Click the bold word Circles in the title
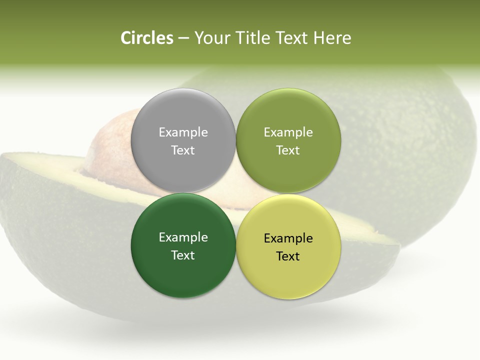coord(146,38)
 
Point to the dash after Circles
coord(183,38)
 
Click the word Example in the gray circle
coord(183,132)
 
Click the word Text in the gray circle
coord(183,150)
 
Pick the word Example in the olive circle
coord(288,132)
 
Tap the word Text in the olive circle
coord(288,150)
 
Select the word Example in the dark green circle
coord(183,237)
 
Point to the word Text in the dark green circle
coord(183,255)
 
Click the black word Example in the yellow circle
coord(288,238)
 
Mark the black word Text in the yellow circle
coord(288,256)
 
